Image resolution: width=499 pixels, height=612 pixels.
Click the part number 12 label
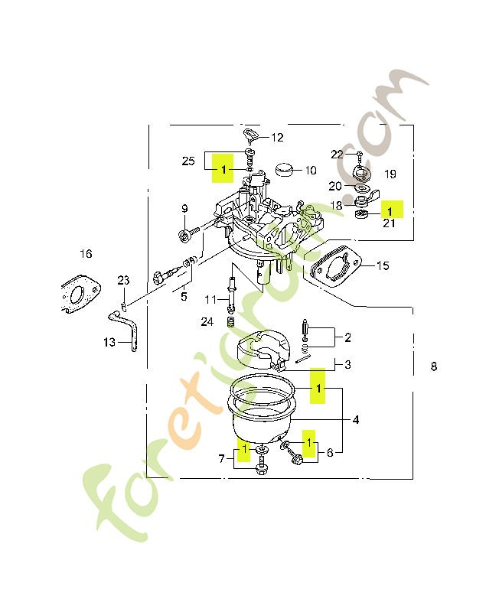tap(277, 138)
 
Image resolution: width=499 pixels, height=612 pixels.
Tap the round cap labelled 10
tap(284, 170)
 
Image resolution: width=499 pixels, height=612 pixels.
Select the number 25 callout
tap(188, 161)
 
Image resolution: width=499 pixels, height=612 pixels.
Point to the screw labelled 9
tap(188, 234)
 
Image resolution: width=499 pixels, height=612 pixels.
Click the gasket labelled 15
tap(334, 265)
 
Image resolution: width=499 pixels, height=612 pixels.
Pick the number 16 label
tap(86, 254)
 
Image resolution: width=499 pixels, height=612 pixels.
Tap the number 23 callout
tap(123, 280)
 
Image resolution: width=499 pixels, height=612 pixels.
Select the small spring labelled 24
tap(232, 322)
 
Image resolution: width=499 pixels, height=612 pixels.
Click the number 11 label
tap(210, 300)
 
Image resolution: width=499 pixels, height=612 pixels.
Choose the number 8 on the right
tap(434, 366)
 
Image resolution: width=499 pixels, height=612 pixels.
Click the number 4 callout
tap(356, 419)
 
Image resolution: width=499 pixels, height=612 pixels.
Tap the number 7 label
tap(222, 458)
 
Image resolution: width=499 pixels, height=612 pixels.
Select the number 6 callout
tap(331, 452)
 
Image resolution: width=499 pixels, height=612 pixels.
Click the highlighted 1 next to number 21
tap(390, 211)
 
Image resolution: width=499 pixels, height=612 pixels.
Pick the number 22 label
tap(337, 155)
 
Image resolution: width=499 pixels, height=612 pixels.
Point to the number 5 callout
tap(184, 297)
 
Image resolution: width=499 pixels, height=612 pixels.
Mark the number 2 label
tap(348, 337)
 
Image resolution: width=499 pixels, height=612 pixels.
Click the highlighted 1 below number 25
tap(223, 169)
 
